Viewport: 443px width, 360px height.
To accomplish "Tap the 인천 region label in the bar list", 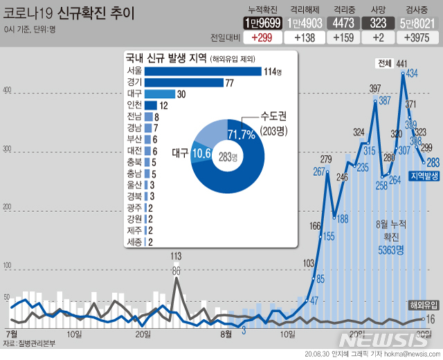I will (134, 105).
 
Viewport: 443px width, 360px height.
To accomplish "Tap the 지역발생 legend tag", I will (424, 177).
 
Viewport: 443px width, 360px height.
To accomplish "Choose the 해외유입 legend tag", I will (422, 305).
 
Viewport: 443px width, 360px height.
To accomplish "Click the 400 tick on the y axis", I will (8, 91).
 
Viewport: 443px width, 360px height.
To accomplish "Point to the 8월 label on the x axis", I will (226, 334).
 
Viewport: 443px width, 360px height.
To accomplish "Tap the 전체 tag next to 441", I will (383, 64).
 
